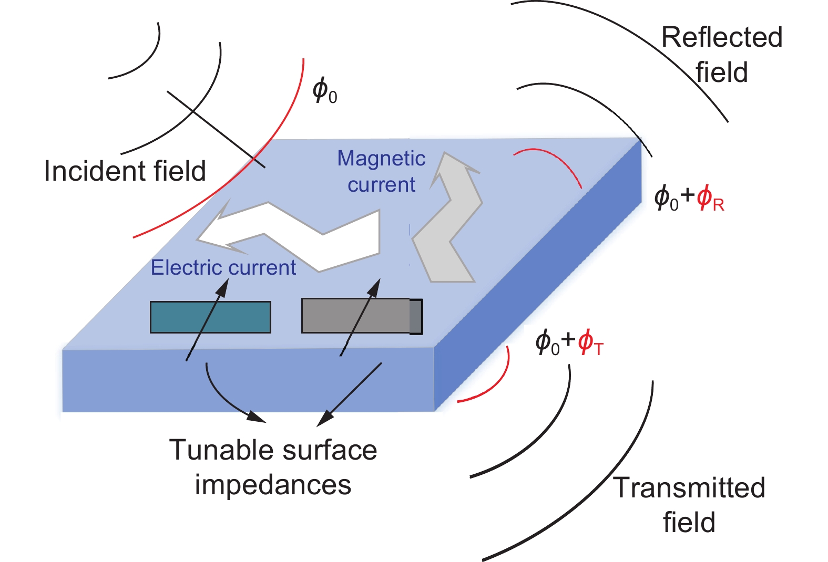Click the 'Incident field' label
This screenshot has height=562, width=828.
click(125, 171)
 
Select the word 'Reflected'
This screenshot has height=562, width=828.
click(721, 38)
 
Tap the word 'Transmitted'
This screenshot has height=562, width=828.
click(689, 488)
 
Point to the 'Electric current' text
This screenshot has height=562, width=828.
click(223, 268)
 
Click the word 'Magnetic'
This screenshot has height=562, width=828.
click(381, 159)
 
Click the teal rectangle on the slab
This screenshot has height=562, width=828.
click(210, 317)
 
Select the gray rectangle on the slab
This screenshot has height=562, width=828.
click(357, 316)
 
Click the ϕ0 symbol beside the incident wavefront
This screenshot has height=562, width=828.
click(324, 90)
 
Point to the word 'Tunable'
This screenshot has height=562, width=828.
click(221, 451)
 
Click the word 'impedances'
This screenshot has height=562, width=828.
click(273, 485)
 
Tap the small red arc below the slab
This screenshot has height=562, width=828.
click(497, 383)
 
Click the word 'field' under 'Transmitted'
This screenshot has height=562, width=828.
click(689, 523)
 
